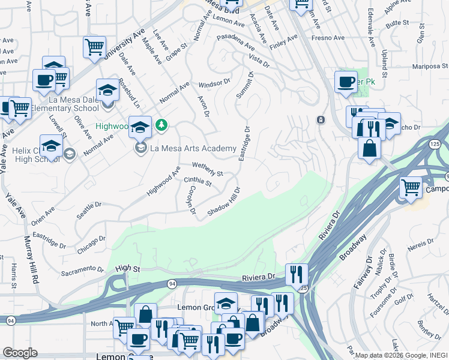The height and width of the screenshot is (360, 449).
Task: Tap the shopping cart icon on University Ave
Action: tap(94, 47)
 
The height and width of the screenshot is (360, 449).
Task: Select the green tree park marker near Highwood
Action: tap(161, 125)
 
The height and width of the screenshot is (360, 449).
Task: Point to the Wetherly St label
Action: tap(208, 170)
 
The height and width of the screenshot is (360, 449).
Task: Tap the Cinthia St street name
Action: tap(197, 181)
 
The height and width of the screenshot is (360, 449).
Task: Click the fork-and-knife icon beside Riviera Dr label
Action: tap(297, 274)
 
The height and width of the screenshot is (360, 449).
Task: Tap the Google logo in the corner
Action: tap(20, 353)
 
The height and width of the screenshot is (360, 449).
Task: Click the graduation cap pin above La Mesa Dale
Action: tap(108, 91)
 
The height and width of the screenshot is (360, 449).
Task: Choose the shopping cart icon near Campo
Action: tap(411, 187)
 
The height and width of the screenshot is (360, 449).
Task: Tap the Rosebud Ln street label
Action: tap(128, 93)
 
